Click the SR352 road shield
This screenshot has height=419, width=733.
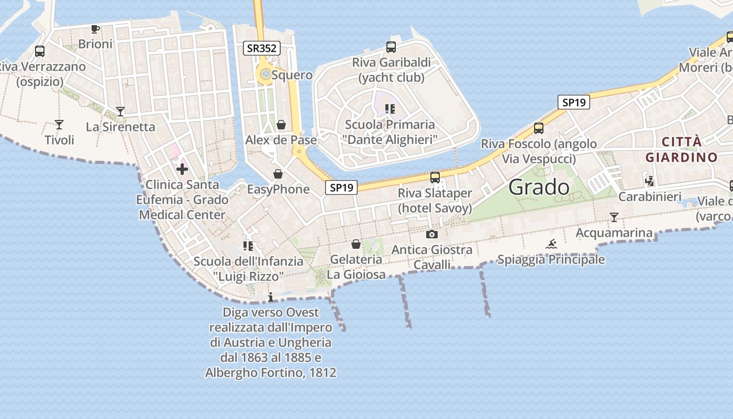point(262,49)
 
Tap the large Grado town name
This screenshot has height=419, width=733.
point(539,187)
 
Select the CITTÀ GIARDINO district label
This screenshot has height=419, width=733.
point(681,149)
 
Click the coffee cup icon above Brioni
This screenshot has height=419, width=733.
point(95,29)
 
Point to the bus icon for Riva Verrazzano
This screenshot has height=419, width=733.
point(40,51)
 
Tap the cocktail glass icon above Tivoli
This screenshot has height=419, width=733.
point(59,125)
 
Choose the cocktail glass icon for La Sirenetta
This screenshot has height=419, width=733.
point(120,112)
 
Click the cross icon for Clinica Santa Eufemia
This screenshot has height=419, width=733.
point(182,169)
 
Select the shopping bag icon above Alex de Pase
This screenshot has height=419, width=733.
point(281,125)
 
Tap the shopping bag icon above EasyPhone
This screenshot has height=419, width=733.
point(278,174)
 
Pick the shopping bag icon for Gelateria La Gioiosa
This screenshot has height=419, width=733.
point(356,244)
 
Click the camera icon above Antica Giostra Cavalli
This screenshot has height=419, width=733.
point(432,234)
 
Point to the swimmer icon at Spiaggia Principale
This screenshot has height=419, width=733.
point(551,244)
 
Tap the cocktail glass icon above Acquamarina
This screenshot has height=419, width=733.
point(614,217)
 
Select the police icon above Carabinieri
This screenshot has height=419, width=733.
point(650,181)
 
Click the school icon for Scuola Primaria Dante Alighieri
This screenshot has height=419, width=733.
point(390,109)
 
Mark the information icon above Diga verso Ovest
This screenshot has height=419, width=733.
point(271,297)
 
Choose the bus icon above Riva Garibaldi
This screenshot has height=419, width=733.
point(391,47)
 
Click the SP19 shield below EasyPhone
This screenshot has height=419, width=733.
point(341,188)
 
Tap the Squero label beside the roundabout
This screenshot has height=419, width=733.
point(292,75)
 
